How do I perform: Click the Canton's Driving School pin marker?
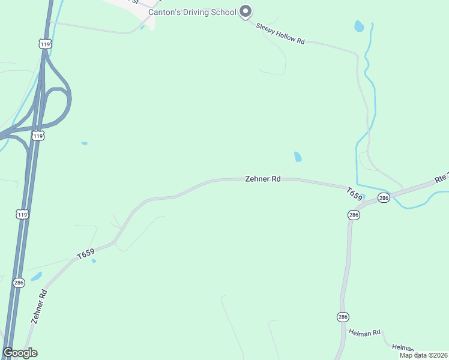click(x=245, y=11)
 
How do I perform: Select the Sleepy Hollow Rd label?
click(x=280, y=34)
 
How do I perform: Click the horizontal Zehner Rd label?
click(x=263, y=179)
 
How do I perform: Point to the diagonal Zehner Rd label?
click(x=39, y=307)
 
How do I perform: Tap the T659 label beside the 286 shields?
click(x=355, y=194)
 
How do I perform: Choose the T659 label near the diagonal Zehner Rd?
click(x=86, y=254)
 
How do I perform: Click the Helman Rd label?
click(x=365, y=332)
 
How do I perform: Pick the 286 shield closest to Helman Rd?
click(x=342, y=316)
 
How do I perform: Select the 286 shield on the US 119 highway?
click(x=19, y=282)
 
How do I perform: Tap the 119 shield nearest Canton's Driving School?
click(x=44, y=44)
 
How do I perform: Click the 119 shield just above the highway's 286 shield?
click(x=22, y=214)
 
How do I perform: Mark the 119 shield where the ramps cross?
click(x=38, y=136)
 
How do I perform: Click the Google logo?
click(x=20, y=353)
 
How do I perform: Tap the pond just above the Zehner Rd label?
click(x=298, y=157)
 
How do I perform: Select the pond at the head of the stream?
click(x=359, y=26)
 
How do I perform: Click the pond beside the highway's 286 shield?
click(x=37, y=277)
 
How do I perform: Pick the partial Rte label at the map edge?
click(x=441, y=178)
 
